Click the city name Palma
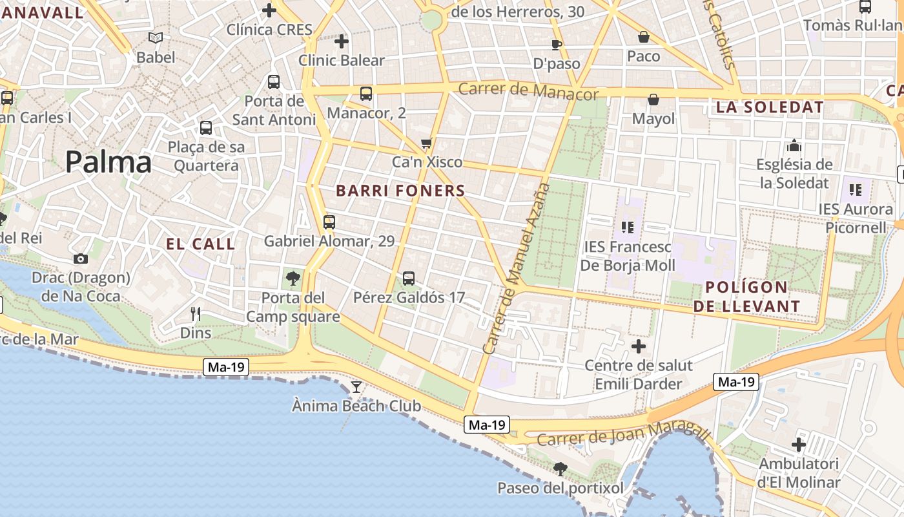(x=108, y=162)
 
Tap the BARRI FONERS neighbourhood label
(x=400, y=191)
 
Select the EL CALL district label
(x=201, y=244)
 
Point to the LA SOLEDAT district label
(x=770, y=107)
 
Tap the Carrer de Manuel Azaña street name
(x=517, y=268)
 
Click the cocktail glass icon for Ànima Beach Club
(x=356, y=387)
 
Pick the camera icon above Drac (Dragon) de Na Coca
(x=81, y=258)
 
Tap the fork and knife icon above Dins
(x=196, y=314)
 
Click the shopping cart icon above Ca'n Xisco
(x=426, y=143)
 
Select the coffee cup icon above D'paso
(x=556, y=45)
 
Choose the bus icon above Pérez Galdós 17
(x=409, y=279)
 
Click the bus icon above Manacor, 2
(x=366, y=94)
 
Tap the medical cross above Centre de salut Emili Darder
(x=639, y=346)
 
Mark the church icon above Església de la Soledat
(x=794, y=145)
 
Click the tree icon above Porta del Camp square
(x=293, y=279)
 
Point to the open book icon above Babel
(x=156, y=37)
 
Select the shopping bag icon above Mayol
(x=653, y=100)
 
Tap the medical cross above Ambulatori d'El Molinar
(x=799, y=445)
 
